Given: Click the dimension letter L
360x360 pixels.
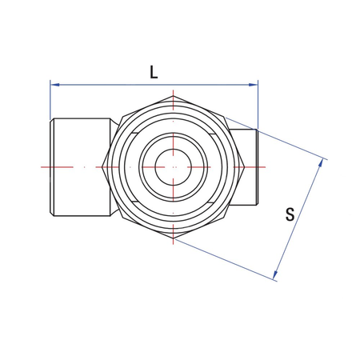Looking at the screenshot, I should click(x=154, y=70).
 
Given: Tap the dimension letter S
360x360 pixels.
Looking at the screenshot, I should click(x=290, y=214).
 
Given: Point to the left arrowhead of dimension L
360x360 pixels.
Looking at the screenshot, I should click(x=54, y=83).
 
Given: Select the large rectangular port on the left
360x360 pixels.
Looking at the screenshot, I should click(x=80, y=166).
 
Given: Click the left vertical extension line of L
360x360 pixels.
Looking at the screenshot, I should click(x=50, y=100).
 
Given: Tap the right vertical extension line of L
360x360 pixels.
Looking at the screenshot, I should click(x=258, y=104).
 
